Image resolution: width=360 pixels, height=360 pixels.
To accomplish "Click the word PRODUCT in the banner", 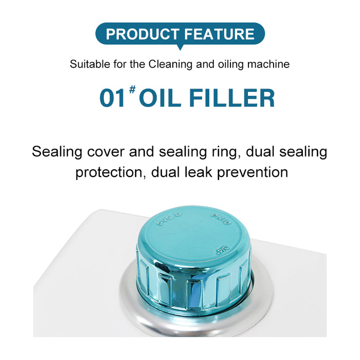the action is click(x=142, y=34).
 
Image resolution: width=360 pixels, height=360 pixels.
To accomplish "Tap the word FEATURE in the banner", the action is click(x=219, y=34).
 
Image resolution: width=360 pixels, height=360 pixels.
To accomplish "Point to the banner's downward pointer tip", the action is click(x=180, y=50).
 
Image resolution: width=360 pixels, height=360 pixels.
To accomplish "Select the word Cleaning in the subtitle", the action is click(x=170, y=64).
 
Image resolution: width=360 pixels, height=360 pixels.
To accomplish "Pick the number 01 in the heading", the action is click(x=113, y=98).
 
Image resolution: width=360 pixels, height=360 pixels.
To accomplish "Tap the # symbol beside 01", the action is click(x=132, y=89).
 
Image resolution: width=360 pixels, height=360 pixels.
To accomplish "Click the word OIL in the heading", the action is click(x=160, y=98).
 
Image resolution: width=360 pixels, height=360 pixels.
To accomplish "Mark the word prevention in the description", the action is click(x=253, y=172).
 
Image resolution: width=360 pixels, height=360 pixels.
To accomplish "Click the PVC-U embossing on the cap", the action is click(x=169, y=219).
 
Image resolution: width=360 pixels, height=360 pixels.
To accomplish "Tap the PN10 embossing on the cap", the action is click(x=221, y=219).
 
